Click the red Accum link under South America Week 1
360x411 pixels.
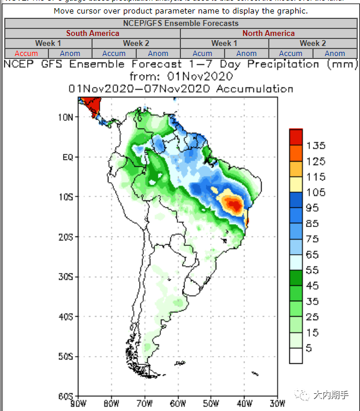point(26,54)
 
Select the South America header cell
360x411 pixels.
point(93,34)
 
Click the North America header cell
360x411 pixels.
point(268,34)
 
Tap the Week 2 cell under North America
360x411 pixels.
point(312,44)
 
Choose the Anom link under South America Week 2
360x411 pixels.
point(158,54)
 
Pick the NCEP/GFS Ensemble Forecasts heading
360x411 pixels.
point(181,23)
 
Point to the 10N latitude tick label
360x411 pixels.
point(65,117)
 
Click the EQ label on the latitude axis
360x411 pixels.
point(67,157)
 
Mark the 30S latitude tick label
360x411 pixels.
point(65,277)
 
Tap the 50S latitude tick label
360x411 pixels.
point(65,356)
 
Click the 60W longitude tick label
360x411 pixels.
point(177,404)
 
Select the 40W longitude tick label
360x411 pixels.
point(243,404)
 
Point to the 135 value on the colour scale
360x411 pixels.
point(316,146)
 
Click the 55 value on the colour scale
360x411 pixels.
point(313,269)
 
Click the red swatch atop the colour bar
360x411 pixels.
point(296,137)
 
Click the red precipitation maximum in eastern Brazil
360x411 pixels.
point(235,205)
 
